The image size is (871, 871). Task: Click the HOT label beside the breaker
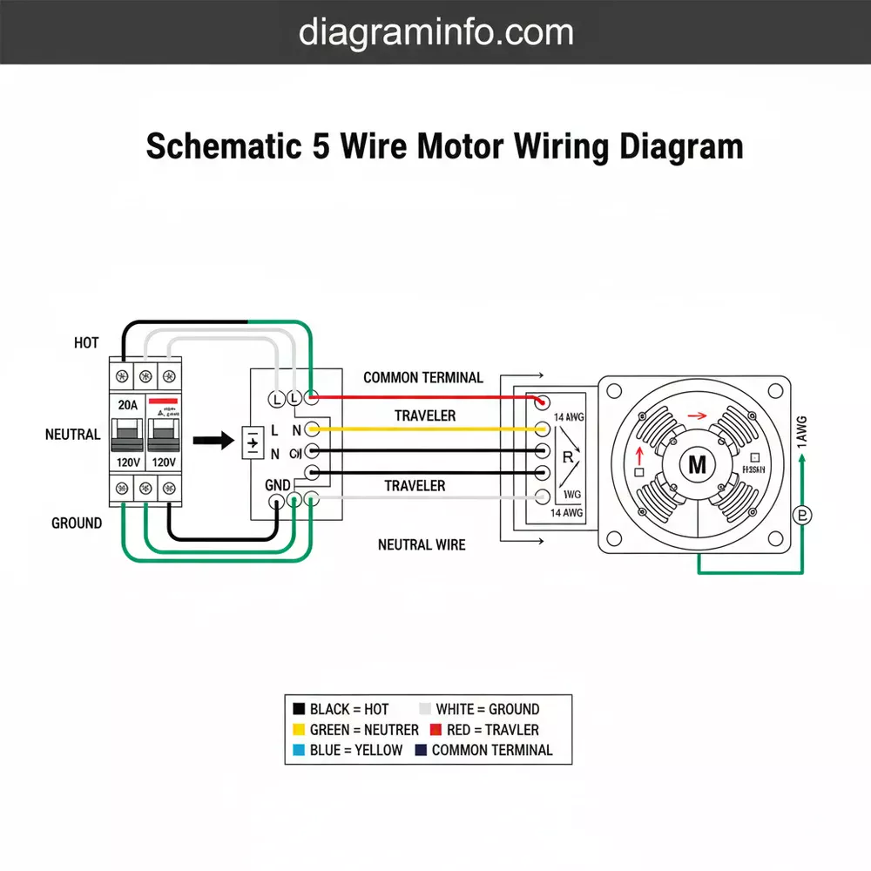(x=86, y=343)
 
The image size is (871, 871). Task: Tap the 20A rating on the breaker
(x=128, y=405)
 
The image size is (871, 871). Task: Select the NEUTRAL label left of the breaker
(x=73, y=434)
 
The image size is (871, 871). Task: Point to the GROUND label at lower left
(x=77, y=523)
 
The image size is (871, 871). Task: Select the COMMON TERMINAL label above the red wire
(x=422, y=378)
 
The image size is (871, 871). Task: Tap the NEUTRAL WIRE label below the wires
(x=422, y=544)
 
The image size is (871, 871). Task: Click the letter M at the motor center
(x=697, y=464)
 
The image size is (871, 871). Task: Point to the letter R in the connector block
(x=569, y=457)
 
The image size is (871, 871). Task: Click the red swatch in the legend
(x=438, y=730)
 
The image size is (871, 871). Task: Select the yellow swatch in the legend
(x=299, y=730)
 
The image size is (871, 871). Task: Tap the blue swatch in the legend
(x=299, y=750)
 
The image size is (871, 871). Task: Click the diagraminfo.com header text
(x=435, y=32)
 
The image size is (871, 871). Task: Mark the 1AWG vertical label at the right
(x=802, y=433)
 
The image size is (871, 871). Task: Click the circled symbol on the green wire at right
(x=802, y=516)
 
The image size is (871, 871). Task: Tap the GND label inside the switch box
(x=277, y=484)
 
